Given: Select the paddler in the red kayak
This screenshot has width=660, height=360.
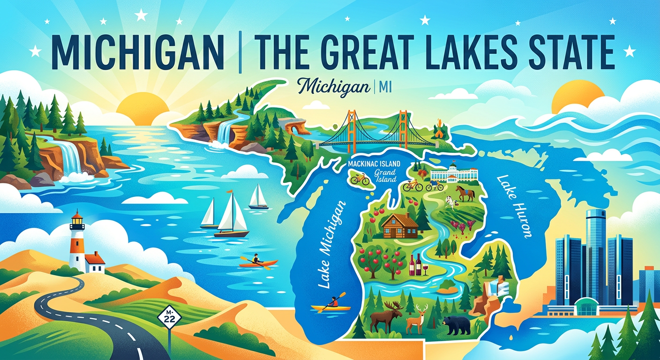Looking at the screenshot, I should pyautogui.click(x=255, y=258).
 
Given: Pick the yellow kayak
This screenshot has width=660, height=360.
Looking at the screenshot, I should pyautogui.click(x=331, y=308).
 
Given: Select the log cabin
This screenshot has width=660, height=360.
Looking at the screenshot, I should pyautogui.click(x=399, y=225).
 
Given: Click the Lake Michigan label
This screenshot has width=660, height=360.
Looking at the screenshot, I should pyautogui.click(x=330, y=244).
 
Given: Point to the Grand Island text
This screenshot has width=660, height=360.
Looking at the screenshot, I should pyautogui.click(x=385, y=176).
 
